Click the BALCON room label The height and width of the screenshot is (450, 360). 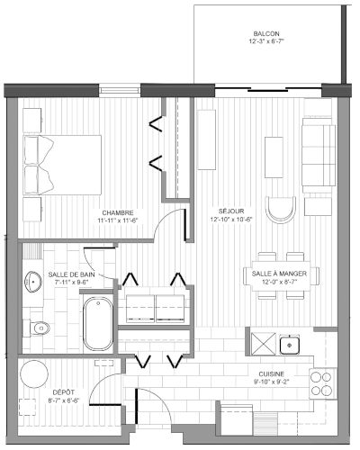coord(266,33)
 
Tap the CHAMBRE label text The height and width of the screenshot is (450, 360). coord(118,213)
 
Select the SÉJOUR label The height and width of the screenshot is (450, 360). coord(231,211)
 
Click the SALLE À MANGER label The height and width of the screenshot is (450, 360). coord(279,274)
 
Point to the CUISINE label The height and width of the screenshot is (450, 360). coord(272,374)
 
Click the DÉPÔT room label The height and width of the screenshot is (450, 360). coord(64,392)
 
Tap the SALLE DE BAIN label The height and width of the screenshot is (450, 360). coord(71,274)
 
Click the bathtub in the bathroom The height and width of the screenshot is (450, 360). coord(98,324)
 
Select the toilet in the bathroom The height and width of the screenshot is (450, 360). coord(40,328)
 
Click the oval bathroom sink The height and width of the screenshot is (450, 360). coord(33,282)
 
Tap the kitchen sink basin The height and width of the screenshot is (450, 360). coord(290,345)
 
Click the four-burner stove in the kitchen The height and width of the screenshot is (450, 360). coord(323,383)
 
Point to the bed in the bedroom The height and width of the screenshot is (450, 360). coord(62,165)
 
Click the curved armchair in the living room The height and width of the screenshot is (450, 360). coord(281,210)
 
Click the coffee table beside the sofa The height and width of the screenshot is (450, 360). coord(274,157)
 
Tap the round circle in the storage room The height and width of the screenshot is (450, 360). coord(34,374)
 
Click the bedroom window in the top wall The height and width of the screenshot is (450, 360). coord(120,90)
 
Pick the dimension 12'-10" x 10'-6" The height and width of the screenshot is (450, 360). coord(231,220)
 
